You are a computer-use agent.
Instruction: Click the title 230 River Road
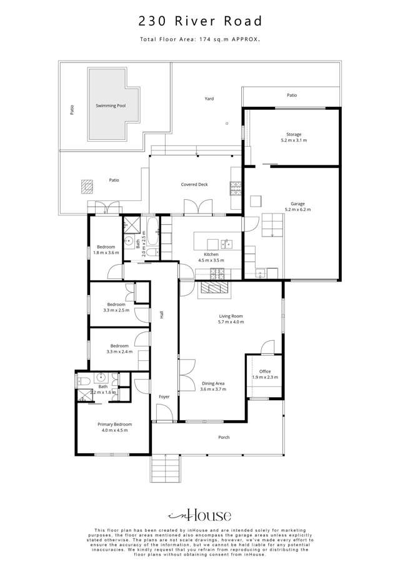click(200, 22)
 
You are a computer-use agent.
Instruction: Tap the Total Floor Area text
click(200, 39)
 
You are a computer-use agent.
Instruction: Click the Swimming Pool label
click(111, 106)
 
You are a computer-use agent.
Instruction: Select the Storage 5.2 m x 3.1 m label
click(294, 137)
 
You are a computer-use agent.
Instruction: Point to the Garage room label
click(297, 207)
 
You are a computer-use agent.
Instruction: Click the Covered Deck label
click(194, 185)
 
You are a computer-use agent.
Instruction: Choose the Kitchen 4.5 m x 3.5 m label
click(211, 258)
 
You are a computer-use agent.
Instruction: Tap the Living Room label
click(231, 319)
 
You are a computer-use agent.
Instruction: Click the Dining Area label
click(213, 386)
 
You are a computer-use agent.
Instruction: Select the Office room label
click(265, 375)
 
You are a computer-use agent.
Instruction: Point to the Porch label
click(224, 437)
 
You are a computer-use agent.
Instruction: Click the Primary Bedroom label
click(112, 428)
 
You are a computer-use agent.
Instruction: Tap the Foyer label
click(164, 396)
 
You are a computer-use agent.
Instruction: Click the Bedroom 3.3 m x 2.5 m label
click(116, 307)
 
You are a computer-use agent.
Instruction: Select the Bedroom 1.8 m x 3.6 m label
click(106, 250)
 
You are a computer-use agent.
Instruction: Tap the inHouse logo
click(200, 515)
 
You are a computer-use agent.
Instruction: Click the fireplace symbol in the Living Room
click(214, 288)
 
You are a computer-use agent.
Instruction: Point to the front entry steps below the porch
click(167, 467)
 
